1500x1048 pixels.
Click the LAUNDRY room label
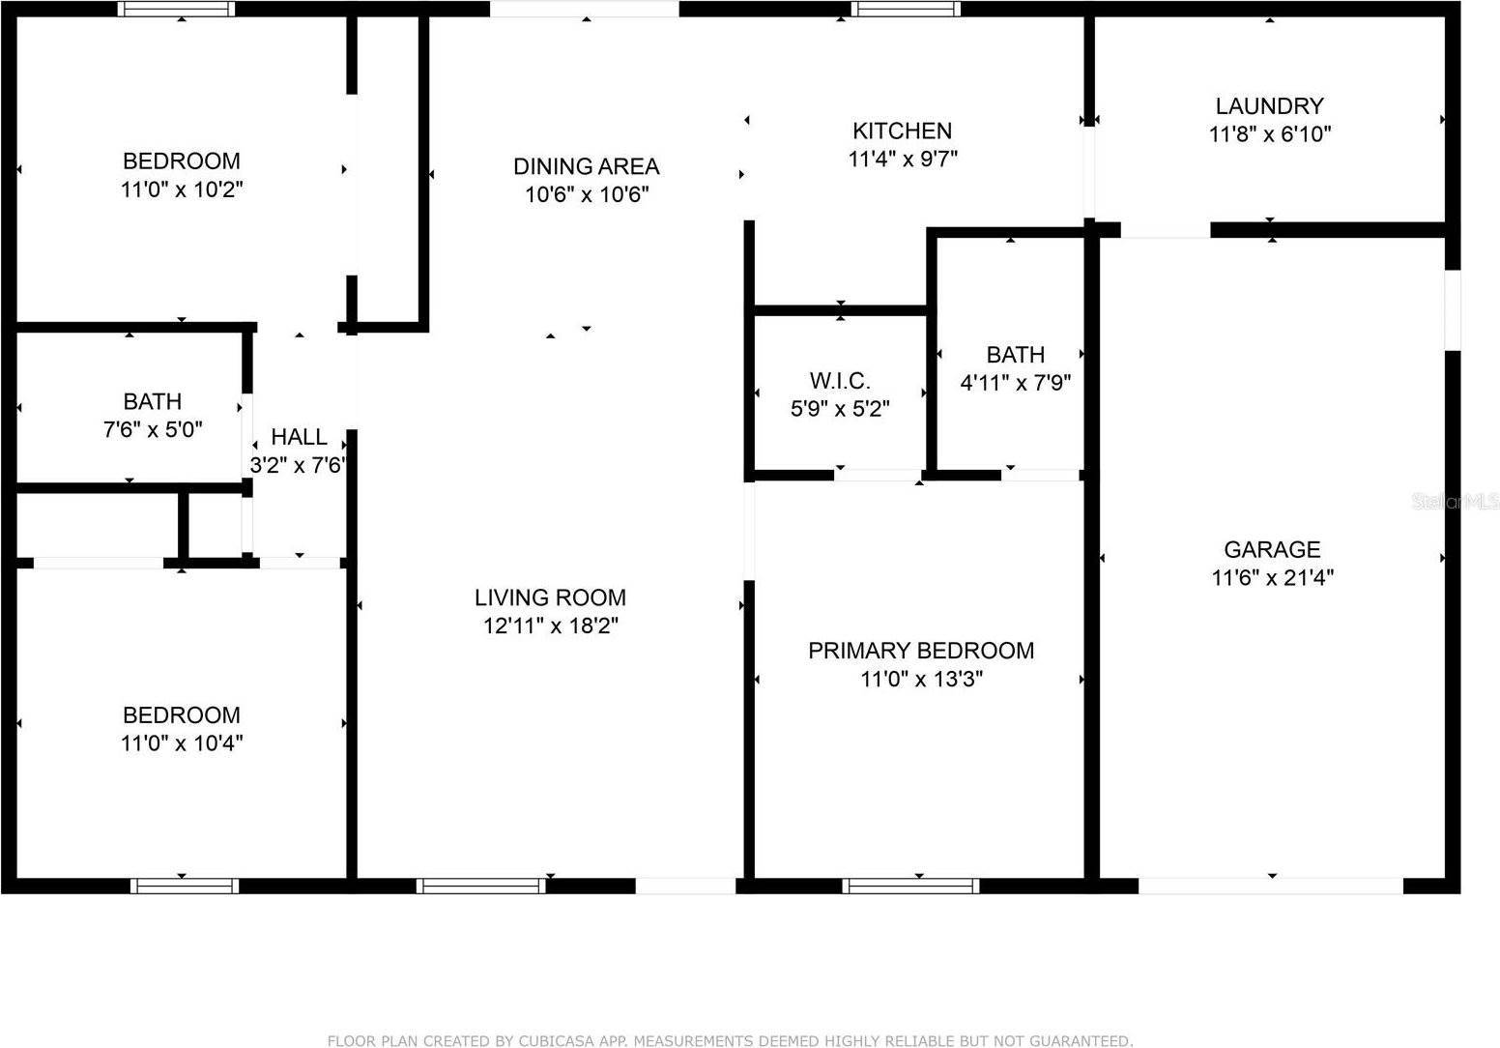point(1270,105)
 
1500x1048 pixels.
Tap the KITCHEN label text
point(902,131)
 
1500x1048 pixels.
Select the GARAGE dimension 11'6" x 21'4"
point(1272,577)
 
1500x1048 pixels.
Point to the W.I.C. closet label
point(840,380)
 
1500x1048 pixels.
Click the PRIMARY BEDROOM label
point(921,651)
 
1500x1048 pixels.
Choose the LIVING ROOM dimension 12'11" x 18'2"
point(551,626)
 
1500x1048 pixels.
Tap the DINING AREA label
point(586,166)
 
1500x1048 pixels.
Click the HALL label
point(299,437)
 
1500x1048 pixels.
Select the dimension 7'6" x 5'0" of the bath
point(153,429)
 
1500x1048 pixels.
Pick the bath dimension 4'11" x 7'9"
point(1015,383)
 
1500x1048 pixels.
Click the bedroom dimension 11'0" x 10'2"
point(182,189)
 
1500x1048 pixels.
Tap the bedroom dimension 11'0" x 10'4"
point(182,743)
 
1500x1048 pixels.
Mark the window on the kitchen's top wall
point(906,9)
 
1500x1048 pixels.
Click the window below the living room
point(480,886)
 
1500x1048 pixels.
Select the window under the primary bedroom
point(910,886)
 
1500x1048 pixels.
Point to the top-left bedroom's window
point(176,9)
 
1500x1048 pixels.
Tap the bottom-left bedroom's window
point(185,886)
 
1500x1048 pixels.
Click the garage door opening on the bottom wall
point(1270,886)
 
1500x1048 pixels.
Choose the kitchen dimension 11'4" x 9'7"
point(902,160)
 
